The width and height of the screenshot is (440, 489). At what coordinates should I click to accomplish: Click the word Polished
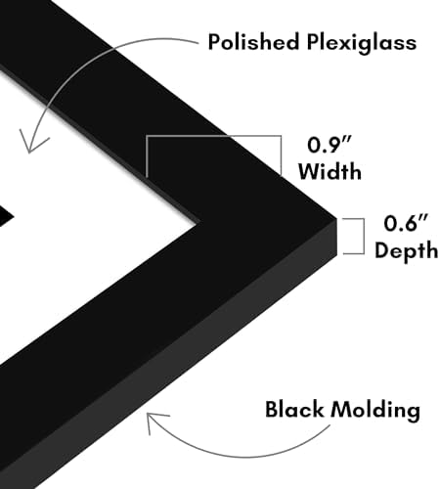pyautogui.click(x=253, y=41)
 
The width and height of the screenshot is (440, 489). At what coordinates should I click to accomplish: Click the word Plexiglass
pyautogui.click(x=362, y=43)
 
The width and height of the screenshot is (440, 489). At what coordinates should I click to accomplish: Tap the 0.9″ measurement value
pyautogui.click(x=330, y=145)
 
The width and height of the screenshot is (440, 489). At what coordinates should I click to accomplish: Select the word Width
pyautogui.click(x=330, y=170)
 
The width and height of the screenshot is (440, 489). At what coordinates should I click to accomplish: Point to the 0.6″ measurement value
pyautogui.click(x=406, y=223)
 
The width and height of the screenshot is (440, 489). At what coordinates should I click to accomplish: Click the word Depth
pyautogui.click(x=406, y=250)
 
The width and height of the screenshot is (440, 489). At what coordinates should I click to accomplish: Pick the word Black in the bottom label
pyautogui.click(x=294, y=409)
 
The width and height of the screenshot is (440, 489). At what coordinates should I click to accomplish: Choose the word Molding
pyautogui.click(x=375, y=410)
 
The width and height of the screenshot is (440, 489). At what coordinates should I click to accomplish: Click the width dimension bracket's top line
pyautogui.click(x=213, y=136)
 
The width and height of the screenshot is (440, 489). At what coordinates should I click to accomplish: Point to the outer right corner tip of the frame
pyautogui.click(x=336, y=219)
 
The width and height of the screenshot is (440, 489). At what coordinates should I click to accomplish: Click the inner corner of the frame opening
pyautogui.click(x=198, y=223)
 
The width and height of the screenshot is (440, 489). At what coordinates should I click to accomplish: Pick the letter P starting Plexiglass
pyautogui.click(x=312, y=42)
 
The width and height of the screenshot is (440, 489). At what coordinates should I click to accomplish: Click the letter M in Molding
pyautogui.click(x=341, y=410)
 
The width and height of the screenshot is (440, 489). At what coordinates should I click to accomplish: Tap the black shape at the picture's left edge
pyautogui.click(x=5, y=216)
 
